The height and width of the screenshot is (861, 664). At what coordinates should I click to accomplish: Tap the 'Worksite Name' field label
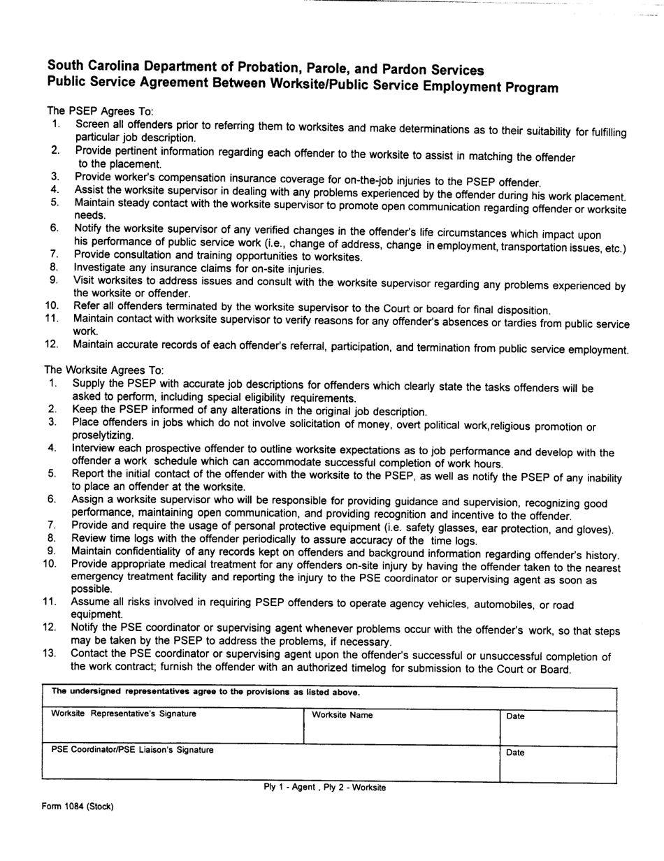342,716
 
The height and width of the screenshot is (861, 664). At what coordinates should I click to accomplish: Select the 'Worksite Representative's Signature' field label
124,714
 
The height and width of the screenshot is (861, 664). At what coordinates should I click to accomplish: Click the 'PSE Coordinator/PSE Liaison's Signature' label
133,751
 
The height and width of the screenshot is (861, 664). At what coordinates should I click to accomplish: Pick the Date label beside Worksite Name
514,716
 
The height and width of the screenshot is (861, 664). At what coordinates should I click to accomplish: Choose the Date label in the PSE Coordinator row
514,753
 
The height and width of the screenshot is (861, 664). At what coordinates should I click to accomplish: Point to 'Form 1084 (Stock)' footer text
77,806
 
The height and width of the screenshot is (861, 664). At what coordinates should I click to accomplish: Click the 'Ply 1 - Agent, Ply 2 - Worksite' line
324,788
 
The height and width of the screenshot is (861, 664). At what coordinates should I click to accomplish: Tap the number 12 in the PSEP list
51,344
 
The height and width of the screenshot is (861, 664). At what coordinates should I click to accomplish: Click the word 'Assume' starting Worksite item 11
89,602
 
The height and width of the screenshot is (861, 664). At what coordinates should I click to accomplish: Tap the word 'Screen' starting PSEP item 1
92,124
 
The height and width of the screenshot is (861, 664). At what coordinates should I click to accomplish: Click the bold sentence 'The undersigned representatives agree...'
206,693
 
